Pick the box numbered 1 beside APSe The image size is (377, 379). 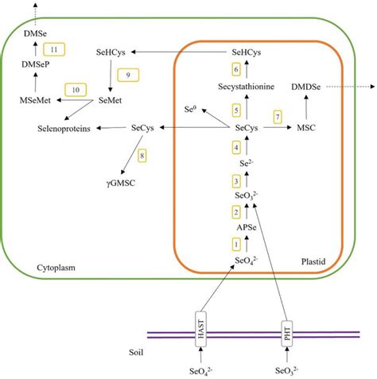coord(235,243)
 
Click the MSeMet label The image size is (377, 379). coord(35,100)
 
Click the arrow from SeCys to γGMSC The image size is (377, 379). coord(130,153)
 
